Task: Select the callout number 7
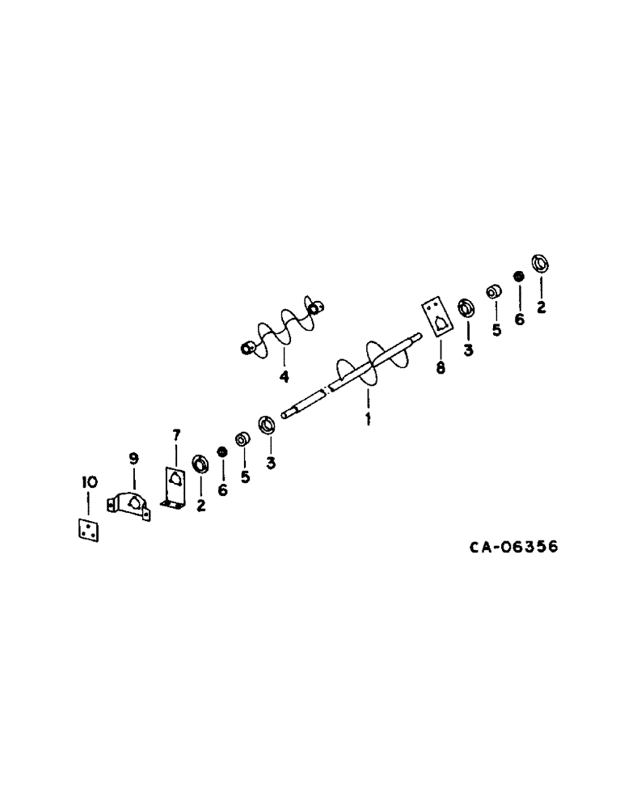point(175,438)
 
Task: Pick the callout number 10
point(89,482)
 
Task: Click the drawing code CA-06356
point(514,547)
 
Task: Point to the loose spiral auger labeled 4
point(281,329)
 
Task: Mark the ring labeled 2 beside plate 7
point(200,466)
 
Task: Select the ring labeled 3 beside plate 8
point(466,308)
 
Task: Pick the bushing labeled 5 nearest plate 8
point(491,291)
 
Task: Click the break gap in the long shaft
point(327,392)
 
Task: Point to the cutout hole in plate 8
point(438,323)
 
